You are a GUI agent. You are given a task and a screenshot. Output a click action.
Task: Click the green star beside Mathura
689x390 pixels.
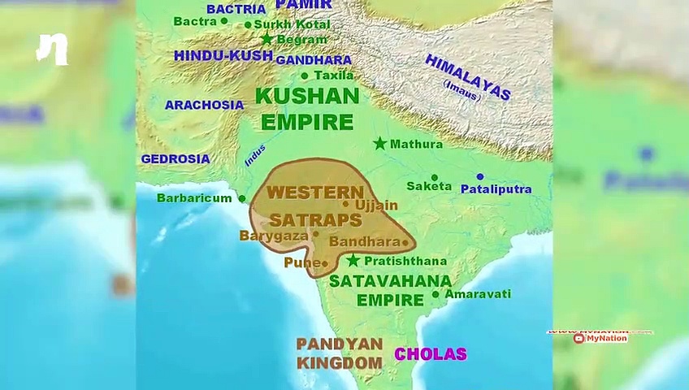click(379, 144)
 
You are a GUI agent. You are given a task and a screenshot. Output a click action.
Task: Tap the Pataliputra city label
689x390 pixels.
click(496, 189)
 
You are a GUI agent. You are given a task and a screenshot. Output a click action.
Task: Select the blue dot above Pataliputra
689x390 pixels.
click(480, 176)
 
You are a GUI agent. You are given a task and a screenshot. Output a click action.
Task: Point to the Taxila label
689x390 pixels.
click(333, 76)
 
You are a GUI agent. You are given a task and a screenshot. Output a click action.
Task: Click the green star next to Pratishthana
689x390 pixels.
click(353, 261)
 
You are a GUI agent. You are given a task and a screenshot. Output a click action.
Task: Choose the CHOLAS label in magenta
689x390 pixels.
click(431, 354)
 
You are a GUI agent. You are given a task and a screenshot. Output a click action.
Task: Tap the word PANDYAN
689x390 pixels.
click(339, 344)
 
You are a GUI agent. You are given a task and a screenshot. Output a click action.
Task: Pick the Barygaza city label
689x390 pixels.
click(274, 236)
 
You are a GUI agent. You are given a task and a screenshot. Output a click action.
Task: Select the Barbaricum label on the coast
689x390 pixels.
click(194, 197)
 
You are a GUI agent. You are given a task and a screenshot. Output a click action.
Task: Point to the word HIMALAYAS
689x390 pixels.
click(468, 77)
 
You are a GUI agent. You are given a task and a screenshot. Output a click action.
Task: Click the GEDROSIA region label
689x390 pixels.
click(175, 159)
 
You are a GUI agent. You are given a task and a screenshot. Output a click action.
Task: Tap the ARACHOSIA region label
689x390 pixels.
click(204, 105)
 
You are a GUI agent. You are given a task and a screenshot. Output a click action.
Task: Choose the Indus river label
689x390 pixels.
click(255, 155)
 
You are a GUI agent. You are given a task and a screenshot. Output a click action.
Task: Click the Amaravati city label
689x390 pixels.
click(478, 294)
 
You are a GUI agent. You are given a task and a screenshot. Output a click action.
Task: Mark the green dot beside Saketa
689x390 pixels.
click(435, 177)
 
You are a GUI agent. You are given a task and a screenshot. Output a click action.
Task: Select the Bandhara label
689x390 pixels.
click(364, 242)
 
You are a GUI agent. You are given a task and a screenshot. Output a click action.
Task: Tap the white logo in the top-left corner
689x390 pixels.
click(52, 50)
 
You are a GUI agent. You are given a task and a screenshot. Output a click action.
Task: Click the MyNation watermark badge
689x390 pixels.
click(600, 338)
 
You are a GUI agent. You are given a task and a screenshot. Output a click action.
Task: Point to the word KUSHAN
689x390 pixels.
click(307, 96)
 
